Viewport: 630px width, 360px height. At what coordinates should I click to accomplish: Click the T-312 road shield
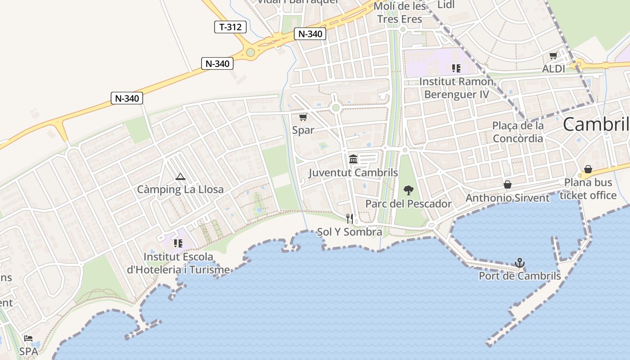[x=230, y=27]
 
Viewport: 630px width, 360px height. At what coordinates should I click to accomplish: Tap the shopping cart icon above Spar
[x=303, y=117]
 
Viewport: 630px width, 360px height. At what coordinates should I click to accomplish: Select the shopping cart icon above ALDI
[x=553, y=56]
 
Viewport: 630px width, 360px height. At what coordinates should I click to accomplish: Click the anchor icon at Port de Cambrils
[x=520, y=262]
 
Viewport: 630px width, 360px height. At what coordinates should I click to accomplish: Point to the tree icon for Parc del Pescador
[x=408, y=190]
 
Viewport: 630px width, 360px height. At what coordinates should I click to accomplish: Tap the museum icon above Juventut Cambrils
[x=353, y=159]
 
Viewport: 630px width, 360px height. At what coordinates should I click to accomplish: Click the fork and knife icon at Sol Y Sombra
[x=350, y=219]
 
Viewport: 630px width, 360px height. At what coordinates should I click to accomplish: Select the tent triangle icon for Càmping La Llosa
[x=180, y=176]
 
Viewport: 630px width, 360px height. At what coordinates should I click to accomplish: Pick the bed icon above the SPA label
[x=28, y=338]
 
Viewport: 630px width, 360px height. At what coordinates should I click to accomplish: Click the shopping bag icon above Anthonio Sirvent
[x=508, y=184]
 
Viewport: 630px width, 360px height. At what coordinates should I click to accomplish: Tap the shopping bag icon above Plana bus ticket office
[x=588, y=169]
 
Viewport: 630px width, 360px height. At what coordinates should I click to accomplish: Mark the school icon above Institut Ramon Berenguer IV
[x=456, y=68]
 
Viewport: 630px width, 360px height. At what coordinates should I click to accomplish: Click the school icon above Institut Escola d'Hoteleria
[x=178, y=243]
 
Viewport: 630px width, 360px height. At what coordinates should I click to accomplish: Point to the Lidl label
[x=446, y=5]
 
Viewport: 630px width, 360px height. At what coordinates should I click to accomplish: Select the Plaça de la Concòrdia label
[x=518, y=132]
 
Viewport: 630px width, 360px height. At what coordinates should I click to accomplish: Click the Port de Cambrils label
[x=520, y=276]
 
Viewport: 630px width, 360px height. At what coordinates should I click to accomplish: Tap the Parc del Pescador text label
[x=408, y=204]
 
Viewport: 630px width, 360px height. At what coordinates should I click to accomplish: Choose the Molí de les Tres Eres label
[x=400, y=13]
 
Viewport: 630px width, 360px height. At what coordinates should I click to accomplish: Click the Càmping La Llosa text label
[x=180, y=189]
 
